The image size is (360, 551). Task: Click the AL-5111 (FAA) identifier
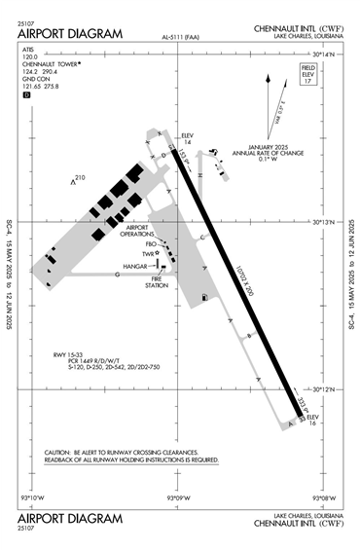tap(181, 38)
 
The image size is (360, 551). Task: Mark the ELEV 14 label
tap(189, 138)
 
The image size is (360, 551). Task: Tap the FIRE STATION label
tap(157, 282)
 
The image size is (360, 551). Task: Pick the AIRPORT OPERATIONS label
tap(136, 232)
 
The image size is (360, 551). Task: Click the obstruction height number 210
tap(81, 177)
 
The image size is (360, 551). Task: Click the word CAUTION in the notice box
tap(62, 454)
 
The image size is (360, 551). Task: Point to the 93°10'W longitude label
tap(33, 497)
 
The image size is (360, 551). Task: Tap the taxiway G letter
tap(117, 275)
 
